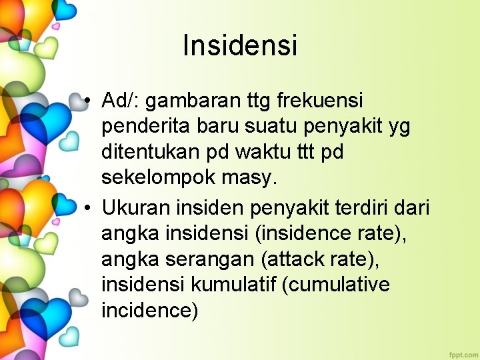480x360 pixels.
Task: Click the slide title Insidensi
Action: [x=240, y=46]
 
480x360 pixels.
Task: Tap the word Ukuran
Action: [x=136, y=208]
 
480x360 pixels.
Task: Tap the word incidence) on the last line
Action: [x=150, y=311]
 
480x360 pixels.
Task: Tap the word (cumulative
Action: [x=336, y=285]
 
